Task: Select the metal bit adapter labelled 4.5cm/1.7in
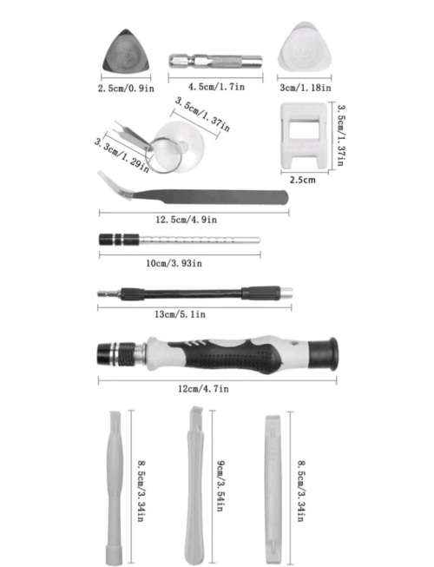pyautogui.click(x=214, y=63)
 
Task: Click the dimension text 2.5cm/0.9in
pyautogui.click(x=127, y=88)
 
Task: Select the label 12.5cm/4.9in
pyautogui.click(x=193, y=221)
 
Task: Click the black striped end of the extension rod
pyautogui.click(x=115, y=241)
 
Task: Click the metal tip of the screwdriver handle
pyautogui.click(x=114, y=353)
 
